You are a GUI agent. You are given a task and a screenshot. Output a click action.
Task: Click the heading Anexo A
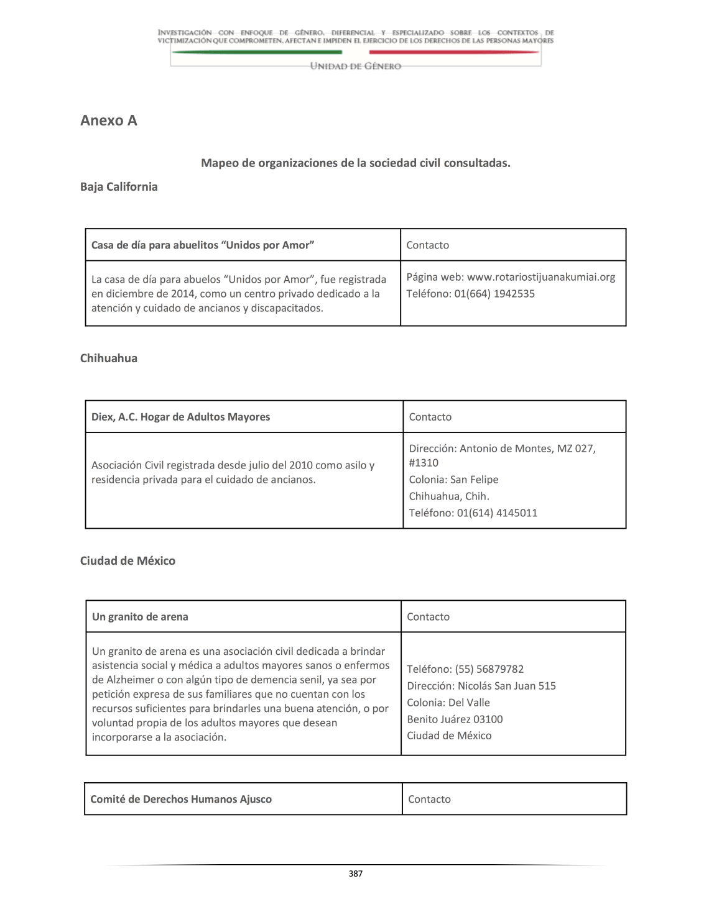coord(109,121)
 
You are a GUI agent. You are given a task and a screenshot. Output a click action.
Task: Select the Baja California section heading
coord(119,187)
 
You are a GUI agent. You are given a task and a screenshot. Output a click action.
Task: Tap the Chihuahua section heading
coord(109,358)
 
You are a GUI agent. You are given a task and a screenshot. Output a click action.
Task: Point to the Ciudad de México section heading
coord(127,561)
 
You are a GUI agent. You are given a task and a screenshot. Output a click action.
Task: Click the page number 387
coord(355,874)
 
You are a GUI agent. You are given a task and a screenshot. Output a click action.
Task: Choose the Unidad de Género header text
coord(355,66)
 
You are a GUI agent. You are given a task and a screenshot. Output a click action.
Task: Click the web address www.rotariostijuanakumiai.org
coord(540,277)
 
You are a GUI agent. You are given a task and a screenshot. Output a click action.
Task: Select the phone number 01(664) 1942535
coord(494,294)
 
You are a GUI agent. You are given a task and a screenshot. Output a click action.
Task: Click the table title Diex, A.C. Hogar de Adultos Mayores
coord(181,417)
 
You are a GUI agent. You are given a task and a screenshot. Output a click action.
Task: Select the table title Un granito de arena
coord(140,617)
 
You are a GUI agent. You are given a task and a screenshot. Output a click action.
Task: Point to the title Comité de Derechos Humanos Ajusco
coord(181,800)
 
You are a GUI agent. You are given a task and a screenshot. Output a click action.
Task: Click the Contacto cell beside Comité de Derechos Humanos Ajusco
coord(429,800)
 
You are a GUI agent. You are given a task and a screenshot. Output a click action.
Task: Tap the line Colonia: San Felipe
coord(453,480)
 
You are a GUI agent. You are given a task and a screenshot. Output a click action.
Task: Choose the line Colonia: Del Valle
coord(448,703)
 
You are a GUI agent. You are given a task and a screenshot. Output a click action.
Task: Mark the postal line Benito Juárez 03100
coord(455,719)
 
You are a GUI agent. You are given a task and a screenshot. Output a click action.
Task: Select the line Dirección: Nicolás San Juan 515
coord(481,686)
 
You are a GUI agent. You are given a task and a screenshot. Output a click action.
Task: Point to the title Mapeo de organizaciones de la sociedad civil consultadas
coord(355,163)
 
